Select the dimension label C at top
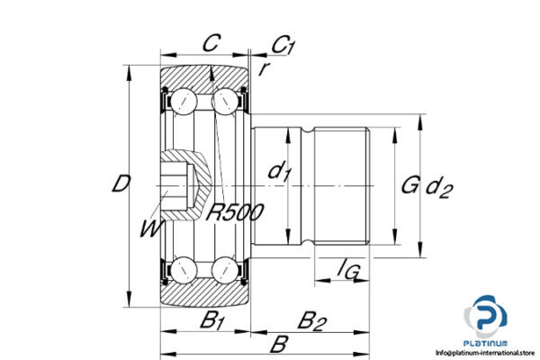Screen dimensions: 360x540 click(210, 41)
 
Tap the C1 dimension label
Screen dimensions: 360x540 click(284, 43)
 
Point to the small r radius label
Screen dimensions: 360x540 click(265, 67)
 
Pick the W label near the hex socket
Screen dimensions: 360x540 click(150, 229)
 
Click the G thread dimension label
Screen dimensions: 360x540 click(409, 185)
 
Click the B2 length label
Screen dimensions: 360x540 click(311, 319)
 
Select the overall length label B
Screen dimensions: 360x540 click(280, 344)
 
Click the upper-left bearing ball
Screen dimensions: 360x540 click(184, 100)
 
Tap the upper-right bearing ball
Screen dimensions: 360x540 click(225, 102)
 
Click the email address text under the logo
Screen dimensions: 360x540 click(483, 353)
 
